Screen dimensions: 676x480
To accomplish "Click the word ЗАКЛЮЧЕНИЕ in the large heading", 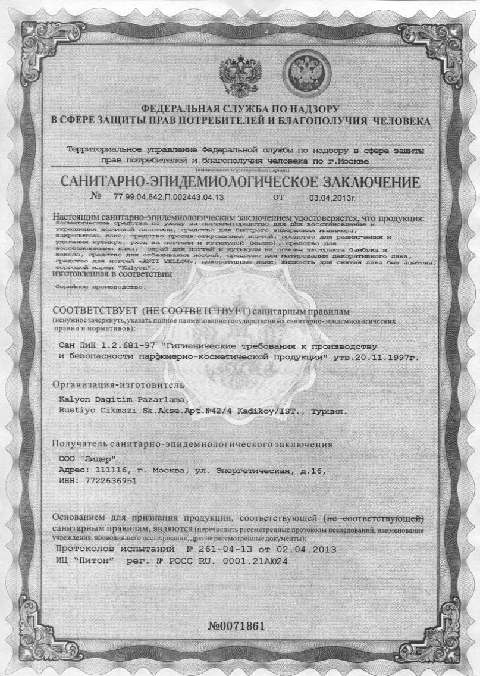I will point(354,181).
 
